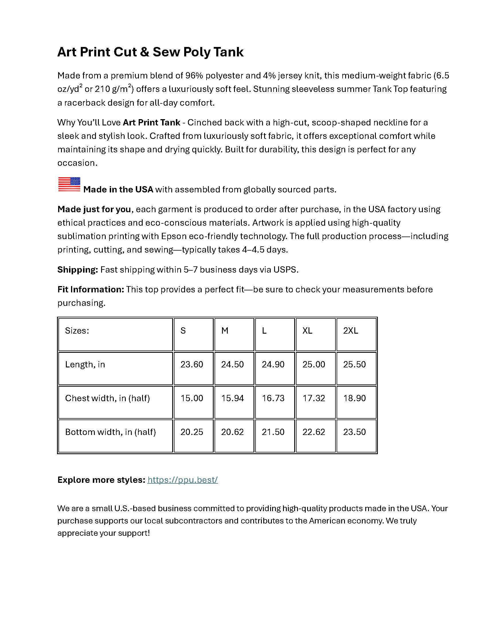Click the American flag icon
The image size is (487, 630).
(x=69, y=184)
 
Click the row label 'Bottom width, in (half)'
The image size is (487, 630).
(x=110, y=432)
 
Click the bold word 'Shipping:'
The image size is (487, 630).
(x=78, y=270)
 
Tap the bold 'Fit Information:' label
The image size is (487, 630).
(x=91, y=289)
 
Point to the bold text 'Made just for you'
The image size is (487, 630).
(x=94, y=209)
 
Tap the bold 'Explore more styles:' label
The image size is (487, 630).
(x=101, y=480)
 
